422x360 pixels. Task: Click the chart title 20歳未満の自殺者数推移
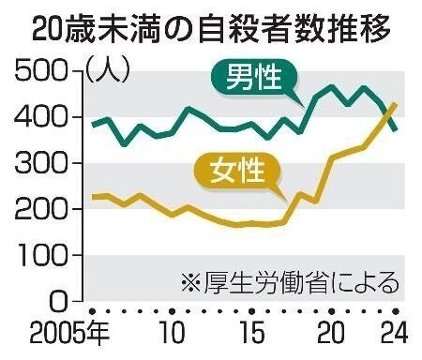pos(211,30)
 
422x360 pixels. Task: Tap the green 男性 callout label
pos(253,78)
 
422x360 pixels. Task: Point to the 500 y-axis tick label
pos(41,71)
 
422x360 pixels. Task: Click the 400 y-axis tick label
pos(41,117)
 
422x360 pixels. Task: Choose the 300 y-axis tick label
pos(41,163)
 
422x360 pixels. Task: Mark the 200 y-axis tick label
pos(41,209)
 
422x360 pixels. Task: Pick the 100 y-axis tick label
pos(41,255)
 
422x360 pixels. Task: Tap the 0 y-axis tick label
pos(59,301)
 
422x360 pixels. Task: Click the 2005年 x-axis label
pos(69,333)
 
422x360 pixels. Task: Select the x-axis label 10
pos(172,333)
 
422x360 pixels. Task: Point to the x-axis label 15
pos(252,333)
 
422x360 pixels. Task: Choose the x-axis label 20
pos(332,333)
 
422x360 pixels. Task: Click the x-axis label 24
pos(395,333)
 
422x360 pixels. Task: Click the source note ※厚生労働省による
pos(290,283)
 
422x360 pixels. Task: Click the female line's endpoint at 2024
pos(396,104)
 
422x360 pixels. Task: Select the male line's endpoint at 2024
pos(396,129)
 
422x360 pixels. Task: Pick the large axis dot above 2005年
pos(92,311)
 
